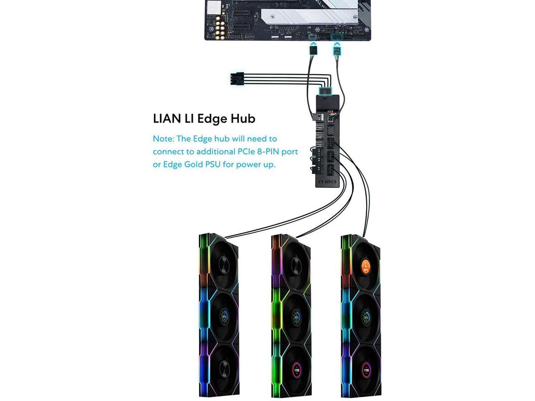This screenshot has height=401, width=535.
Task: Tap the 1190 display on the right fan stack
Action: point(366,370)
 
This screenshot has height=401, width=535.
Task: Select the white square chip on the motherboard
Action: point(214,7)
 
